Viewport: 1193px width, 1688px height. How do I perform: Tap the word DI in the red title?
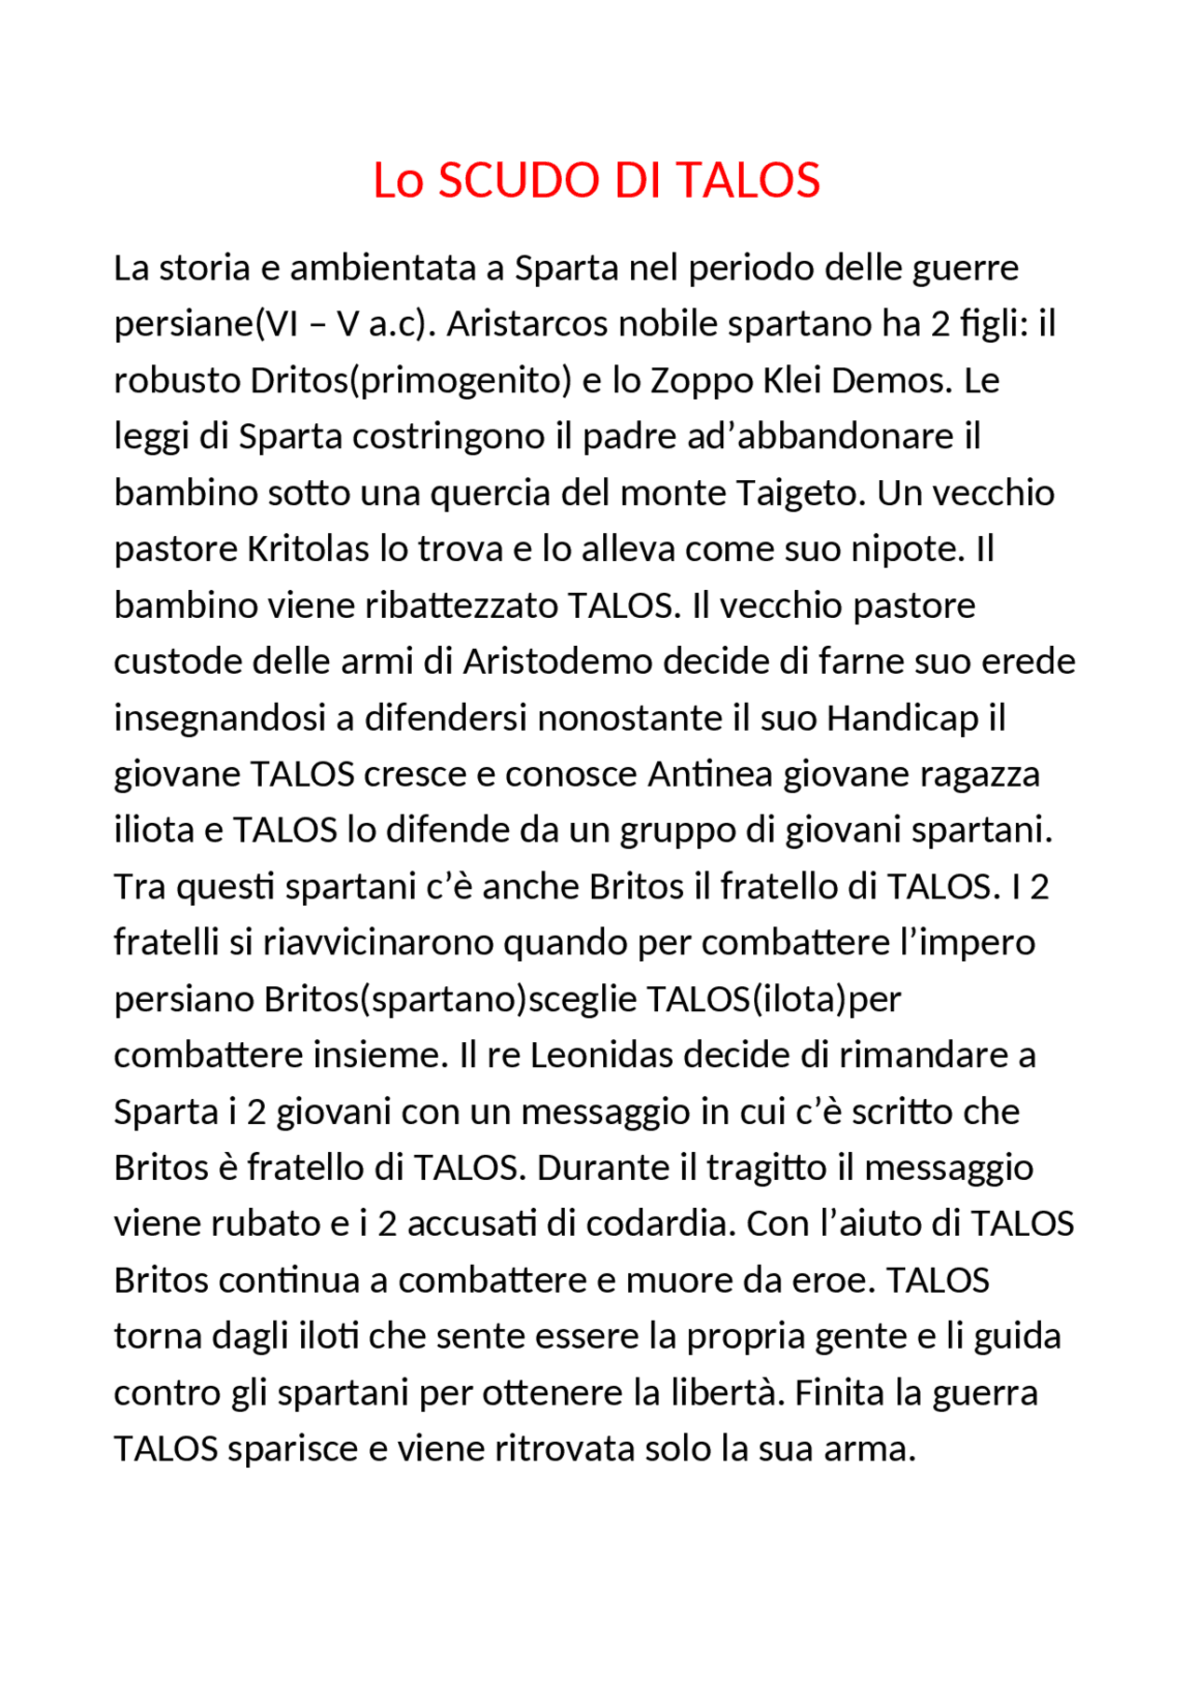[639, 181]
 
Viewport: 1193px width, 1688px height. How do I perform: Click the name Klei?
[791, 380]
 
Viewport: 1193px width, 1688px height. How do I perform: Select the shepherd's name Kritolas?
[308, 549]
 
